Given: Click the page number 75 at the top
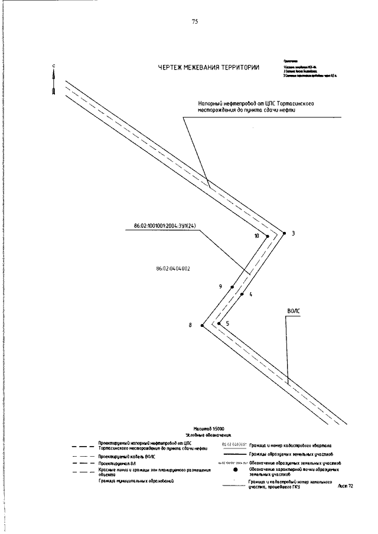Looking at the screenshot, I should click(195, 22).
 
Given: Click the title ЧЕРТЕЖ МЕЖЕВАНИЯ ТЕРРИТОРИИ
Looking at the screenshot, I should click(208, 68).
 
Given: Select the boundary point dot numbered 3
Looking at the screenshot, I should click(284, 233).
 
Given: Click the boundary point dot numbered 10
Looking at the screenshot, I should click(267, 237).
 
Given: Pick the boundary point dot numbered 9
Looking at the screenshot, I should click(232, 287).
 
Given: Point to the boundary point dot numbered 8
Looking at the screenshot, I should click(202, 325).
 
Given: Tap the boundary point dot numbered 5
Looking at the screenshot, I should click(219, 323).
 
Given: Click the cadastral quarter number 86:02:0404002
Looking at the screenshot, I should click(172, 268).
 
